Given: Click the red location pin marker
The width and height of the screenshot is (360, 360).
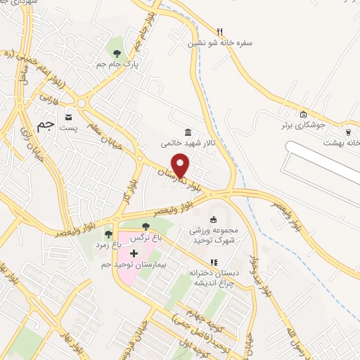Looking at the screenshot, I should pyautogui.click(x=181, y=164).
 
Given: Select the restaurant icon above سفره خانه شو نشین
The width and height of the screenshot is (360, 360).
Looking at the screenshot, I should pyautogui.click(x=219, y=32).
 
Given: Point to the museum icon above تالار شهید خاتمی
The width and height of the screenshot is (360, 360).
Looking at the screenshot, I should pyautogui.click(x=188, y=132).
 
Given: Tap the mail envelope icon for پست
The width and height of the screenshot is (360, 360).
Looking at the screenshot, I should pyautogui.click(x=68, y=117).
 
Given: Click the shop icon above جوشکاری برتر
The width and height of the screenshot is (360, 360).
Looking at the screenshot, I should pyautogui.click(x=303, y=115).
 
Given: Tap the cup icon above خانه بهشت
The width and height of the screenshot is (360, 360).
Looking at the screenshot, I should pyautogui.click(x=348, y=131).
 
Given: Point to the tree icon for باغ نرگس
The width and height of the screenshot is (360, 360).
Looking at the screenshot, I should pyautogui.click(x=146, y=226).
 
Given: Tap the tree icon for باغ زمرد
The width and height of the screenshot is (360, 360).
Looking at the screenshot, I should pyautogui.click(x=108, y=234).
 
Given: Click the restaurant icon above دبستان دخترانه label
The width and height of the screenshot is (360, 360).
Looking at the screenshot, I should pyautogui.click(x=214, y=262).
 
